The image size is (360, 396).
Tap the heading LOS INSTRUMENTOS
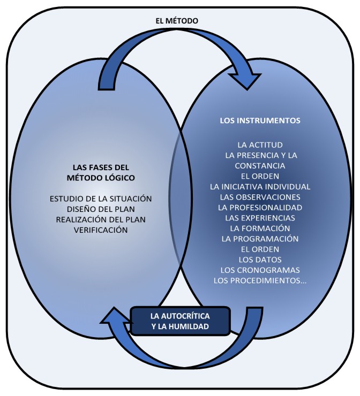point(260,120)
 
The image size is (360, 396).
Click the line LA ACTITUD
point(260,145)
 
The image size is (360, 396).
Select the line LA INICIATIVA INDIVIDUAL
point(260,187)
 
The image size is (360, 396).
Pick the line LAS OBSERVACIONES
point(260,197)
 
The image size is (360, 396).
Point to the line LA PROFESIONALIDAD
point(260,207)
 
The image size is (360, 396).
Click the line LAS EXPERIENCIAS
point(260,218)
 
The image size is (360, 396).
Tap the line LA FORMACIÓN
point(260,228)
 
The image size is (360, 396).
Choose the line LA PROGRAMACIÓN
point(260,239)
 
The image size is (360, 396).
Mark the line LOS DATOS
point(260,260)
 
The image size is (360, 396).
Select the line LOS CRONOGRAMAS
point(260,270)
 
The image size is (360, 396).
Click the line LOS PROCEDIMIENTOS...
point(260,280)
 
